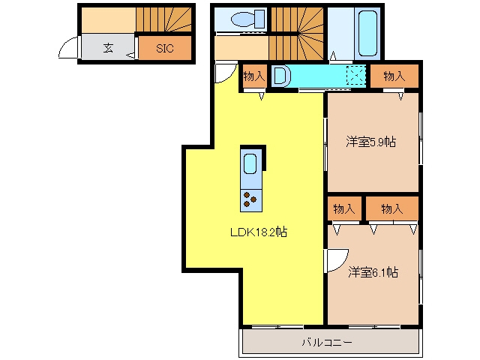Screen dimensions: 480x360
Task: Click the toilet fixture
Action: [x=248, y=19]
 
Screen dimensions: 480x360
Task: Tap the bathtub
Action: [x=367, y=33]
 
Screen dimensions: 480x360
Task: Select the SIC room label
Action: [x=165, y=48]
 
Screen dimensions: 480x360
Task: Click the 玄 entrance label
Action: [x=108, y=48]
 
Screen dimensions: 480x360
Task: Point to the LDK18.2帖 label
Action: [x=259, y=232]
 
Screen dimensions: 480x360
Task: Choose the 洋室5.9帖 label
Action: [x=371, y=142]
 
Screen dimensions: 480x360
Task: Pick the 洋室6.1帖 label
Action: [x=373, y=271]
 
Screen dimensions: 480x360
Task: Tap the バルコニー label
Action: [x=327, y=342]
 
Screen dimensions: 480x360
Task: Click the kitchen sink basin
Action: [x=250, y=163]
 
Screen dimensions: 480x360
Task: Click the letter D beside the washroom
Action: [x=280, y=76]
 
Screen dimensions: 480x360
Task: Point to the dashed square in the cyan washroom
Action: [x=356, y=75]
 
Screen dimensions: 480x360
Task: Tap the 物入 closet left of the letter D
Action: [x=254, y=76]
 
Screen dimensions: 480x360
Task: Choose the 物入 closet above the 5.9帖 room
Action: [x=394, y=76]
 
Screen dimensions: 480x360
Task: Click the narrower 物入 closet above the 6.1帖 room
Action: [x=344, y=208]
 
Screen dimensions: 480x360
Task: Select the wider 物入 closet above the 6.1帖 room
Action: [x=392, y=208]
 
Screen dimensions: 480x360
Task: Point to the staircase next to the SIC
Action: [x=163, y=19]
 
